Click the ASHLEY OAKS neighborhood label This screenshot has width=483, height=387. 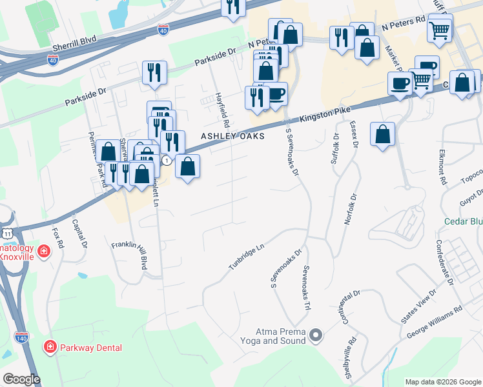tap(232, 137)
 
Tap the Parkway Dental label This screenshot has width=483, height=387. tap(90, 348)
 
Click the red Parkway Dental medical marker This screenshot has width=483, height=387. tap(49, 348)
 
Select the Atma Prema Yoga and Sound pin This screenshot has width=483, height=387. tap(316, 335)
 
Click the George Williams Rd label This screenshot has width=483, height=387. tap(435, 322)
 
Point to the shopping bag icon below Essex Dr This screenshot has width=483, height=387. tap(383, 134)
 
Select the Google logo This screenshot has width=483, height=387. tap(21, 379)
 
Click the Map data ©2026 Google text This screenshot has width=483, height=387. tap(443, 382)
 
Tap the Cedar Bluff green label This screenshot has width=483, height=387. tap(463, 221)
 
